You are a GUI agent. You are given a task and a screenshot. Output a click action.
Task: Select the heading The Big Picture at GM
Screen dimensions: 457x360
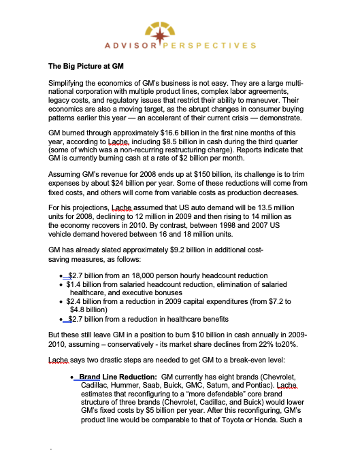pyautogui.click(x=86, y=67)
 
